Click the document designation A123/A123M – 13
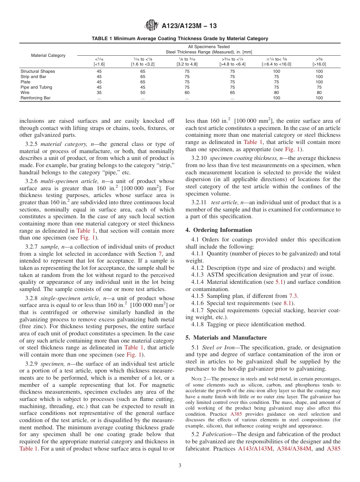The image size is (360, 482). [x=189, y=26]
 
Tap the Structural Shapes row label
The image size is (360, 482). [x=38, y=71]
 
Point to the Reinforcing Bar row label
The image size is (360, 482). [x=36, y=98]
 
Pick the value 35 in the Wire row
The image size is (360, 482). [x=99, y=92]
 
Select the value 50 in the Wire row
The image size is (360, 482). [x=142, y=92]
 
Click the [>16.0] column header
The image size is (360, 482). [x=319, y=64]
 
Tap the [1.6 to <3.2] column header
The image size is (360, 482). [x=142, y=64]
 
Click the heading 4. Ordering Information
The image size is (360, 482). [x=219, y=230]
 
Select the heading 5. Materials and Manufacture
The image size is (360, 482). [x=226, y=338]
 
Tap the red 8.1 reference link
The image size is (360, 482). [x=288, y=303]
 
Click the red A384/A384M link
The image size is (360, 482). [x=294, y=449]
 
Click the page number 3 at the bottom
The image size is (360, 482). [x=180, y=466]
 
